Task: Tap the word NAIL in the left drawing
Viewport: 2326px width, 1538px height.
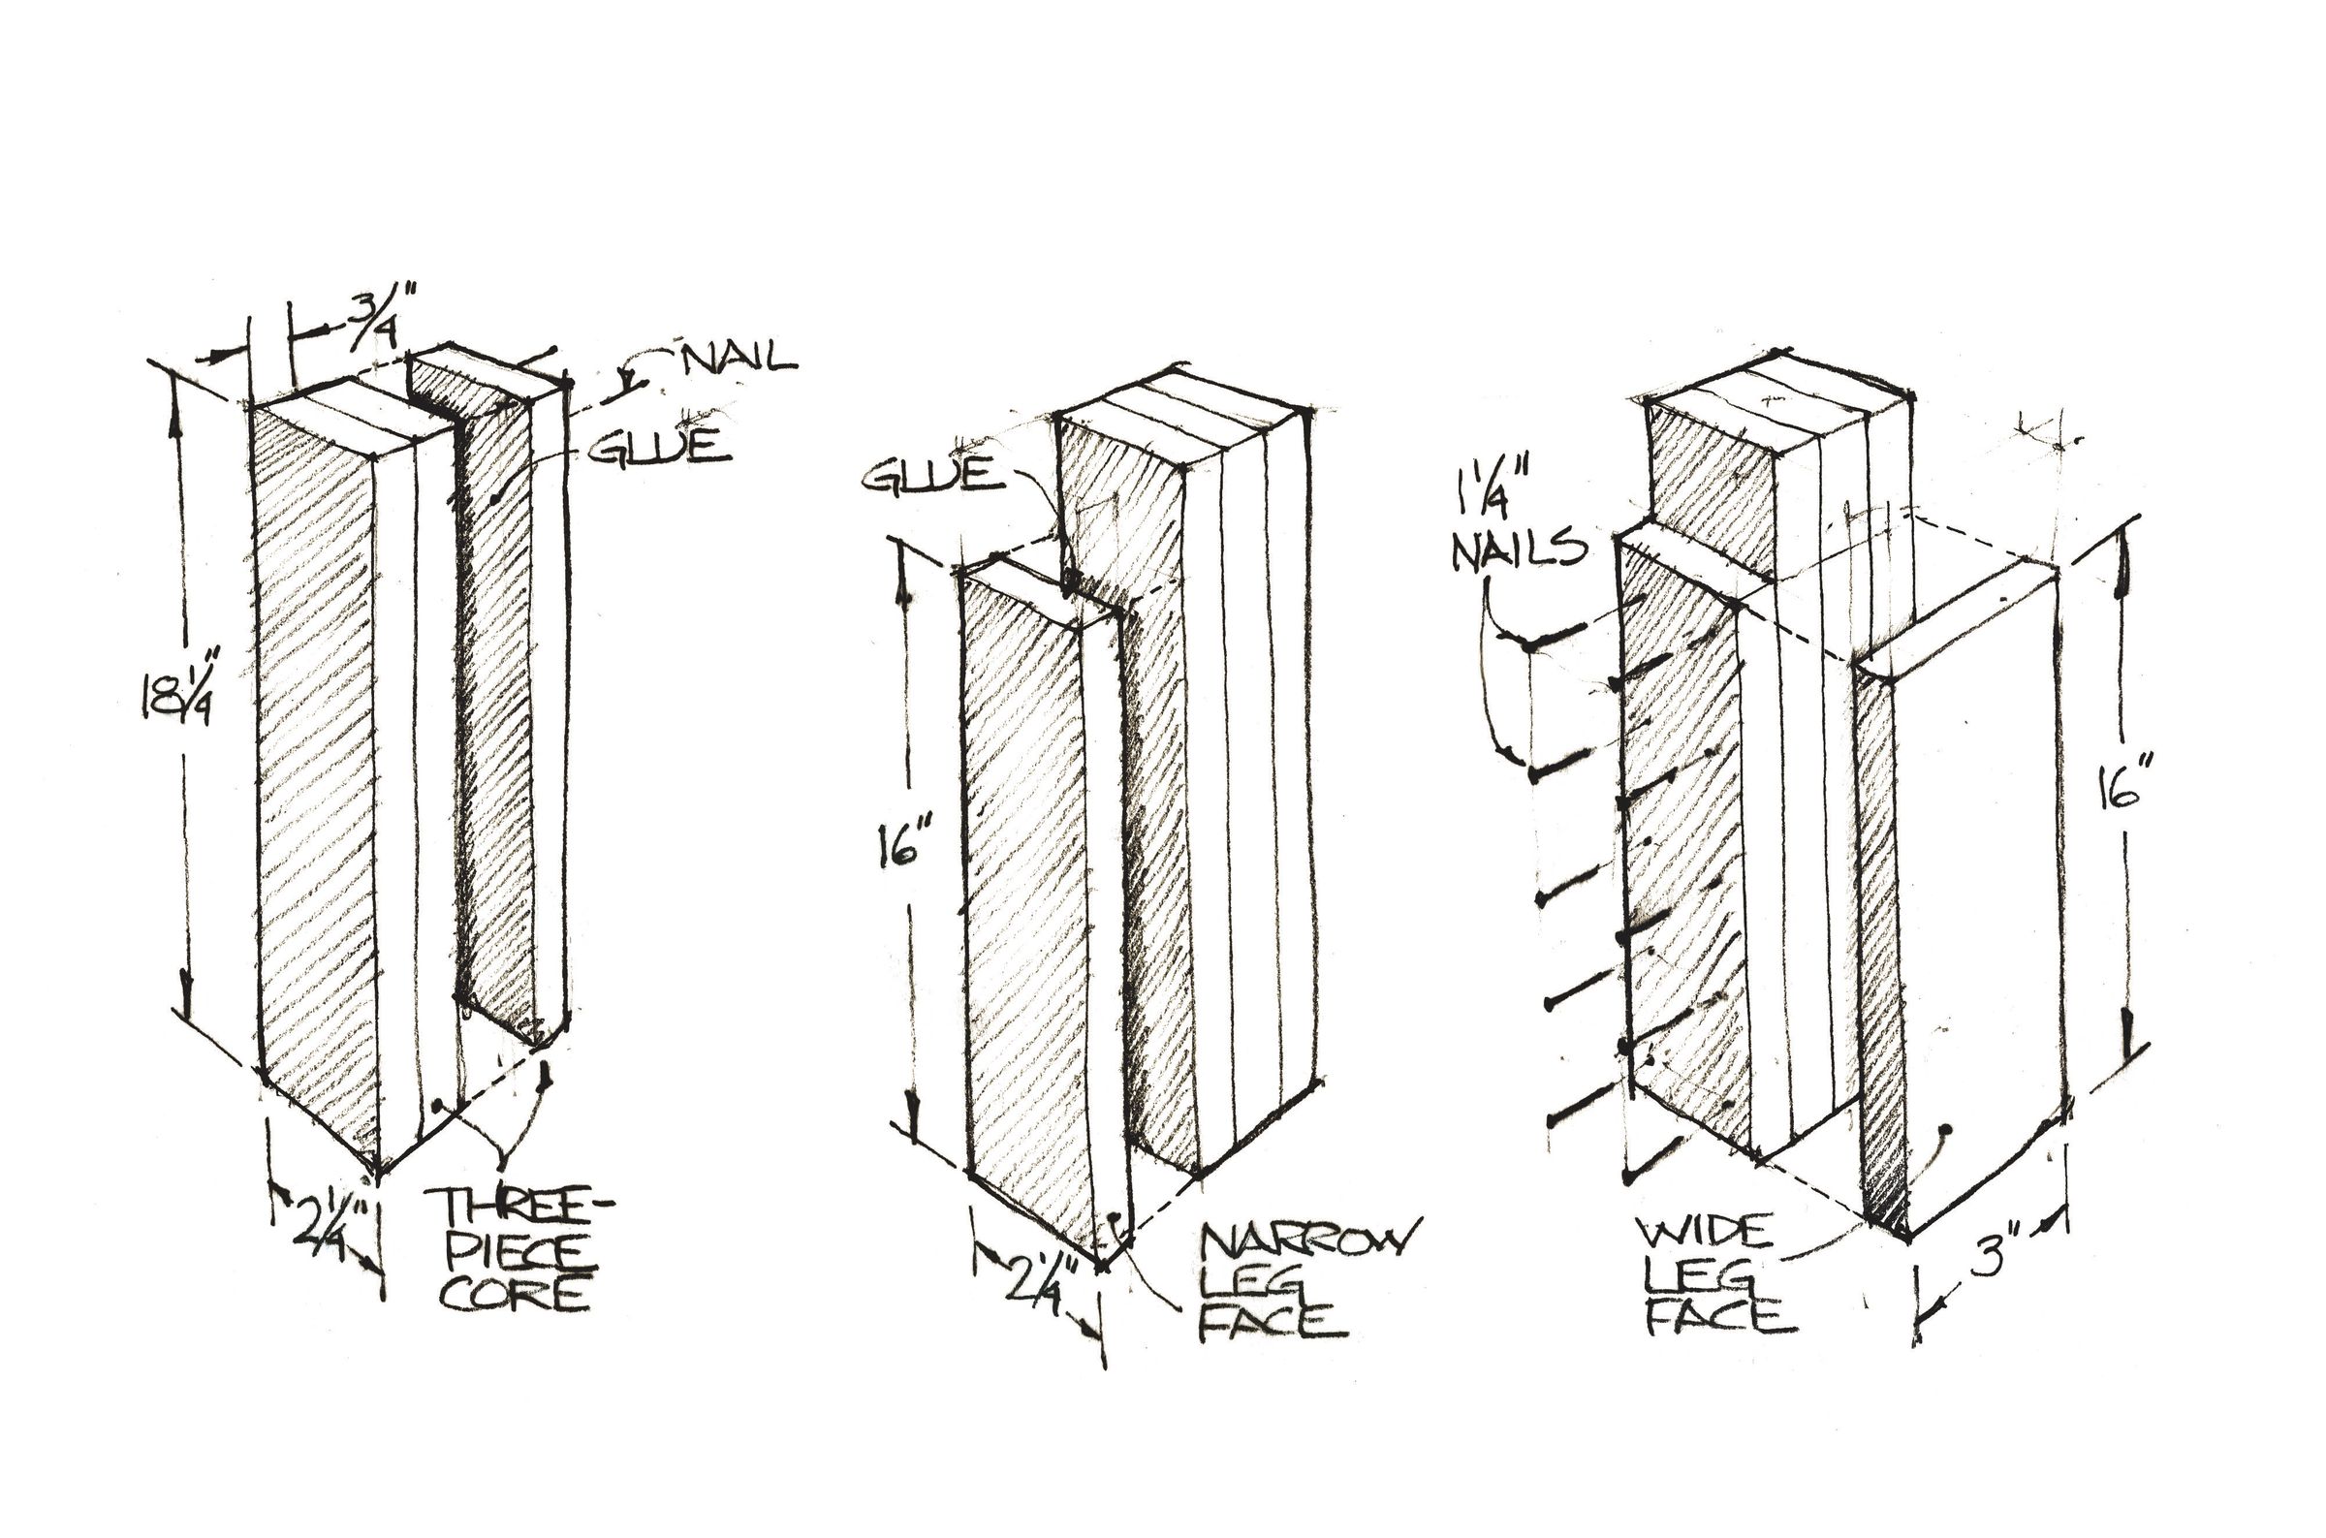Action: coord(740,358)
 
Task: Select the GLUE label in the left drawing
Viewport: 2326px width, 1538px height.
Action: coord(661,446)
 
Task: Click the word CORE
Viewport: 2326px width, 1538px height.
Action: coord(514,1295)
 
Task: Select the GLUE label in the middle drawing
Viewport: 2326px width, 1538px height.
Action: coord(933,475)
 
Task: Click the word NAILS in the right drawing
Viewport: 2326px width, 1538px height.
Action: coord(1519,549)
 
